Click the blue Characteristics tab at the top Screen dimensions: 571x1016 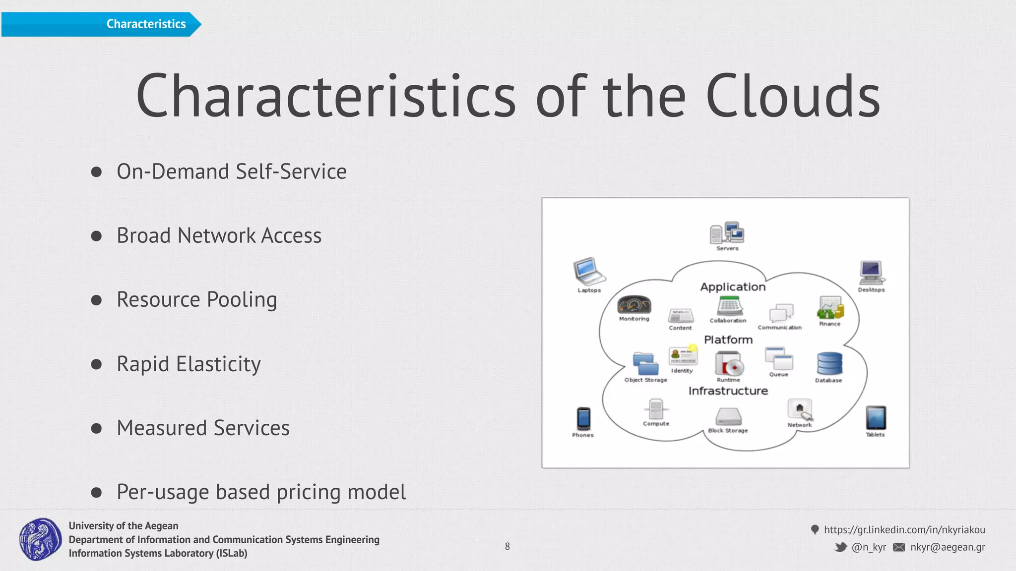[101, 24]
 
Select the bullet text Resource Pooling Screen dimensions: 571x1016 [196, 299]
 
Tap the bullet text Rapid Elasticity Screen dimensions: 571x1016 [189, 364]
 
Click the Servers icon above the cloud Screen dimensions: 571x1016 [727, 232]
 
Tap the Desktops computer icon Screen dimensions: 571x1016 [871, 272]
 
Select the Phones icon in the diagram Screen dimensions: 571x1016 [583, 418]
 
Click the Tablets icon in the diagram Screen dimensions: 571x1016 [876, 417]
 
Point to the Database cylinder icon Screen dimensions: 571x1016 [829, 363]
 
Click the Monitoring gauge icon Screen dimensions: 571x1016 [634, 305]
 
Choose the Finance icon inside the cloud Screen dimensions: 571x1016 [830, 308]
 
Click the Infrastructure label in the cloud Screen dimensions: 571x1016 [728, 391]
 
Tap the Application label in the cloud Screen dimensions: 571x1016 [733, 286]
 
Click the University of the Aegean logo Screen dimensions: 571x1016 [40, 539]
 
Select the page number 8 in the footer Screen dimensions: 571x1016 [507, 546]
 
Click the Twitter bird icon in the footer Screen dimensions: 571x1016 [840, 547]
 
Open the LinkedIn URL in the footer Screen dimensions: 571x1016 [904, 529]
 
